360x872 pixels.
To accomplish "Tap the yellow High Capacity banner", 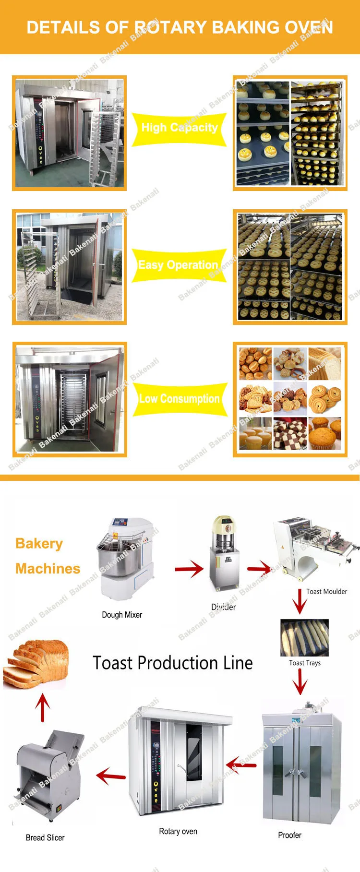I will [x=179, y=128].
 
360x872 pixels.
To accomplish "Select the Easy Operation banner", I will [x=178, y=265].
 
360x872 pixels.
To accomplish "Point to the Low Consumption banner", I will [x=179, y=399].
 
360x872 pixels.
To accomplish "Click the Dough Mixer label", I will [x=122, y=615].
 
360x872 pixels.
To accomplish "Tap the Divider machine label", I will [x=223, y=607].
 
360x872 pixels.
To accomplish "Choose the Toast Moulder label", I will [x=326, y=592].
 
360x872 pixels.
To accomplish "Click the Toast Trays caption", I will [x=305, y=663].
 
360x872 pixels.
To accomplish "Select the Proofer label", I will [x=289, y=835].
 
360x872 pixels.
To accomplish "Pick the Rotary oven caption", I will [x=178, y=831].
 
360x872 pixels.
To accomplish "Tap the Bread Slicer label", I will [x=45, y=837].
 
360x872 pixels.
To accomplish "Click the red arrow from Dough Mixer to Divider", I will [x=189, y=569].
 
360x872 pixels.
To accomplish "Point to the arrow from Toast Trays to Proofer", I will [x=300, y=681].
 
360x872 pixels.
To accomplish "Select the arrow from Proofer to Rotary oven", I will [x=241, y=764].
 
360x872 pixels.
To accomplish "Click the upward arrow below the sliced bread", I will [x=43, y=708].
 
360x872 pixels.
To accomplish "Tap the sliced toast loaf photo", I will [x=36, y=664].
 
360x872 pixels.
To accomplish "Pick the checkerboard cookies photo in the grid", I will [x=290, y=434].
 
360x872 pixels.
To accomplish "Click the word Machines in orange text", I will [x=48, y=569].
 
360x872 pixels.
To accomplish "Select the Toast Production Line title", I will [x=173, y=663].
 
